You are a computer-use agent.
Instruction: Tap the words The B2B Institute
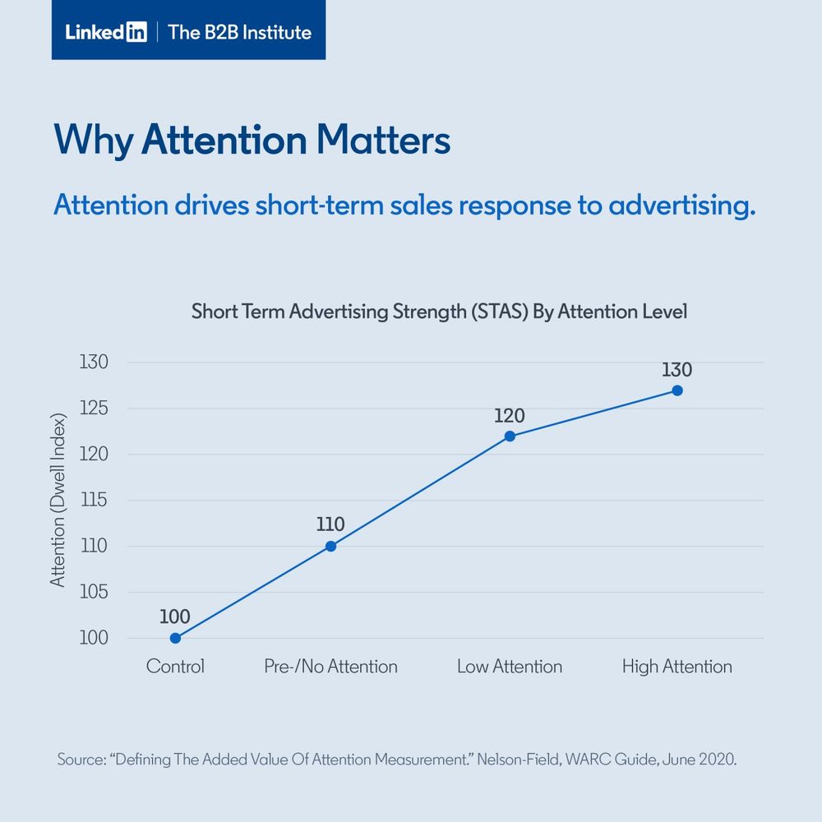239,33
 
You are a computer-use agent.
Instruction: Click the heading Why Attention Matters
252,140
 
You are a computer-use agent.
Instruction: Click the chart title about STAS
439,312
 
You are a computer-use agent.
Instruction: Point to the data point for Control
175,638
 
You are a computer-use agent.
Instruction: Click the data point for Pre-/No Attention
330,546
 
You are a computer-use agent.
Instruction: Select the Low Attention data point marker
510,436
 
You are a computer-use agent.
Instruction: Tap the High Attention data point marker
677,390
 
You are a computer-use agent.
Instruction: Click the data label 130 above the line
677,369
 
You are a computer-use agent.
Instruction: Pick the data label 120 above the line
510,415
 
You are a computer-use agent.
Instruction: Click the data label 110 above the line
330,524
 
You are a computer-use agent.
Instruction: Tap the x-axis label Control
175,666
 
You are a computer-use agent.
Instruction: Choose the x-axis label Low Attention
510,666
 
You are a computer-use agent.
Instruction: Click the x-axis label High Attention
677,666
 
